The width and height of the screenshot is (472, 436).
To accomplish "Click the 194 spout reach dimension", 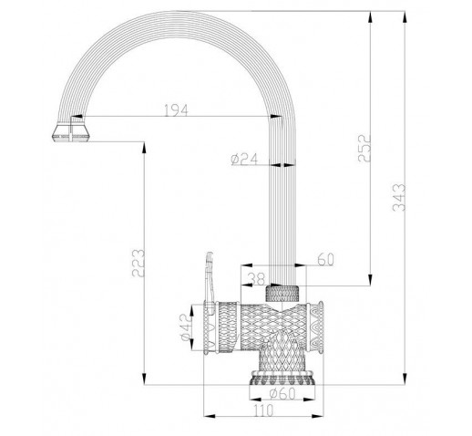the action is point(176,110).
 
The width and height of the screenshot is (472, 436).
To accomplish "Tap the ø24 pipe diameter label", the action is point(244,159).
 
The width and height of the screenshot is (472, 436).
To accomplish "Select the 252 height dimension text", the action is point(364,148).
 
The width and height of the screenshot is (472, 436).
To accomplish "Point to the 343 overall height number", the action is point(399,197).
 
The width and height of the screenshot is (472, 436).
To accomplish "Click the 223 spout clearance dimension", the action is point(139,263).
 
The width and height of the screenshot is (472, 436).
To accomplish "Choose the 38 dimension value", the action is point(257,279).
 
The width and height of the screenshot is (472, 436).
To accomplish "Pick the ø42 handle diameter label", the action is point(187,327).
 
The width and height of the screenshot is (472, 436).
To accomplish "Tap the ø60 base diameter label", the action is point(282,394).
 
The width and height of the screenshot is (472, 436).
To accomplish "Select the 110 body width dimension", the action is point(263,410).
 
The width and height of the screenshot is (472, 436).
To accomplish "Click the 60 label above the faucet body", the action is point(325,259).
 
